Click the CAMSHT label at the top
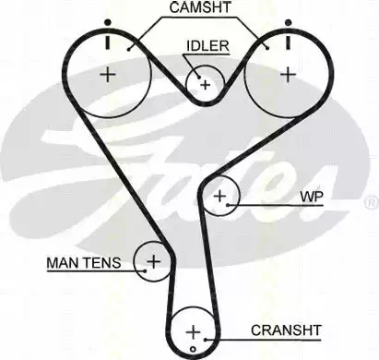point(200,7)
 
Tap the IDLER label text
point(208,46)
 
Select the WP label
point(312,197)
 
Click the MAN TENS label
point(84,263)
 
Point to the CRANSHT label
point(286,330)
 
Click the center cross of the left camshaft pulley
point(108,75)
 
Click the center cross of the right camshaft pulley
point(288,75)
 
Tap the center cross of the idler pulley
point(205,85)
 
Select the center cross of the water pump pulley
point(220,196)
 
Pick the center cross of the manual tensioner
point(153,261)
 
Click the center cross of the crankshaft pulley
point(193,332)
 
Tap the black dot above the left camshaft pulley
point(107,22)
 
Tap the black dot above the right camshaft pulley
point(288,22)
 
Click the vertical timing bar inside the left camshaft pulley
point(107,42)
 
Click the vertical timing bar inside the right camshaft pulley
point(288,42)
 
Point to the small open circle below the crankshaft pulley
point(193,349)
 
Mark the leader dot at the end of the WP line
point(228,205)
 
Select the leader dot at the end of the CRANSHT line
point(206,340)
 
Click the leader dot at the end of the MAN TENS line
point(145,271)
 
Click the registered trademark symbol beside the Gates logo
point(372,202)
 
